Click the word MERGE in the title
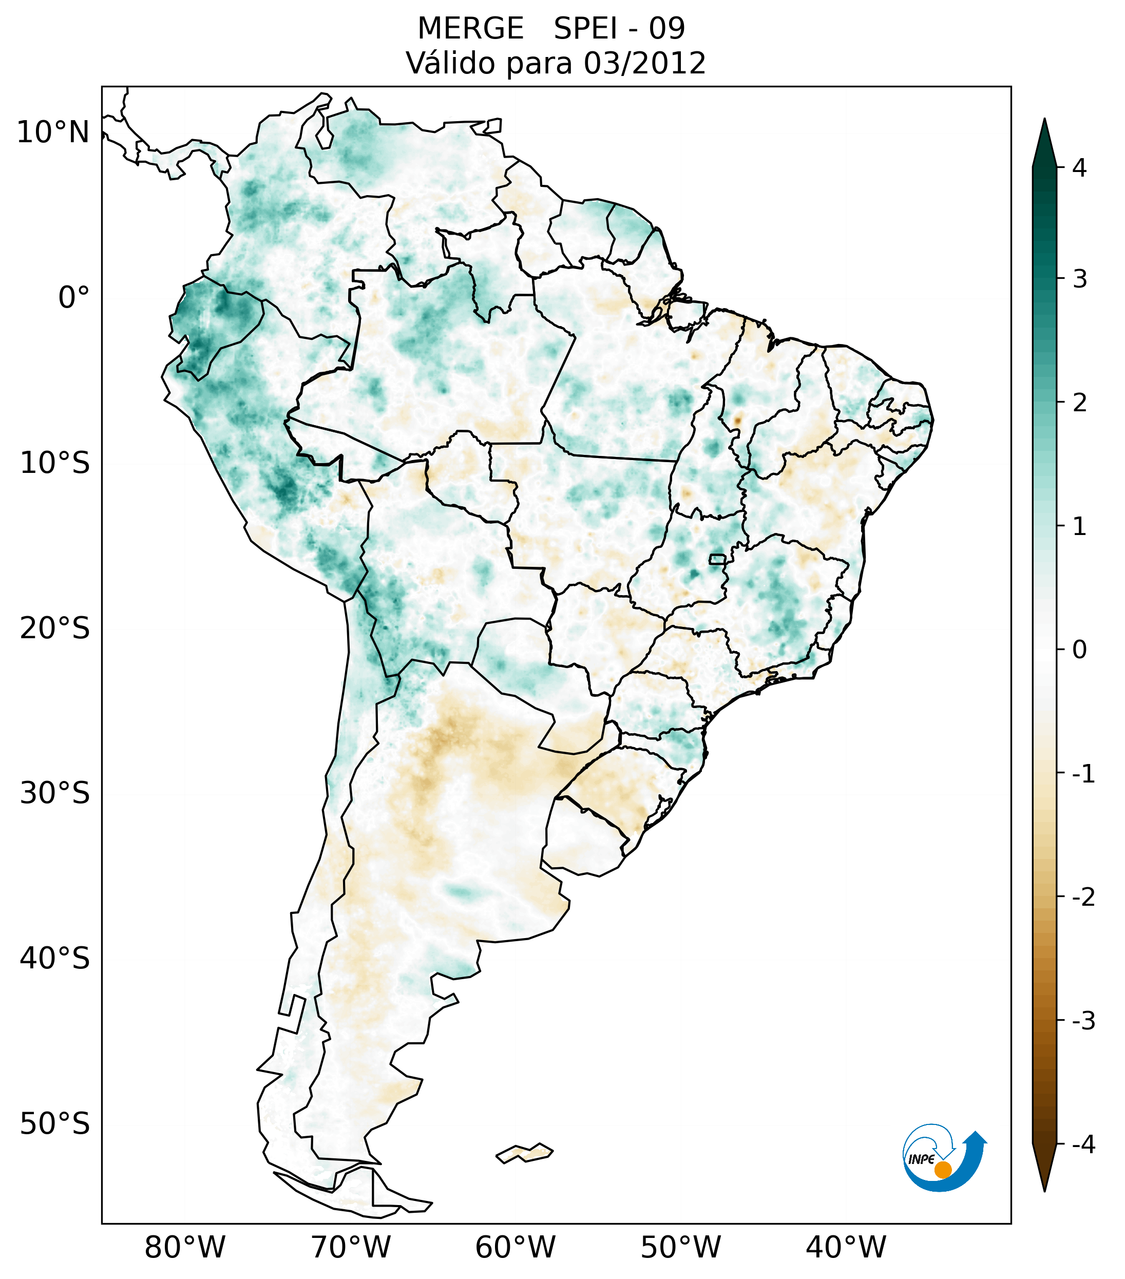[x=470, y=29]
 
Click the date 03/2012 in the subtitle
[x=644, y=63]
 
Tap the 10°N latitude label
[x=53, y=132]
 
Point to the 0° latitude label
[x=74, y=298]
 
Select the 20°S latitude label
[x=55, y=628]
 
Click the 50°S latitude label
[x=55, y=1124]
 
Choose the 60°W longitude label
[x=515, y=1248]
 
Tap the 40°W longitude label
[x=846, y=1248]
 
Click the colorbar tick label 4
[x=1079, y=168]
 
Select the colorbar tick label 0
[x=1079, y=650]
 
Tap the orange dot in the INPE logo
[x=943, y=1170]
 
